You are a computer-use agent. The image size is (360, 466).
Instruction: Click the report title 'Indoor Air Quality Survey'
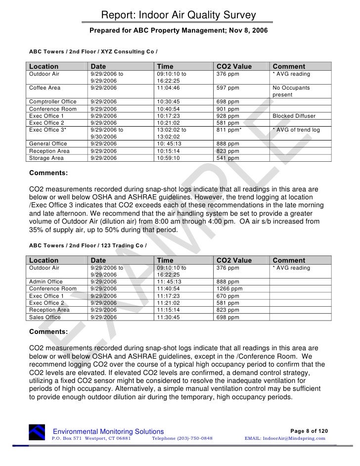pyautogui.click(x=179, y=16)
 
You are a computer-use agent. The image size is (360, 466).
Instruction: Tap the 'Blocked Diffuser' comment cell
pyautogui.click(x=294, y=116)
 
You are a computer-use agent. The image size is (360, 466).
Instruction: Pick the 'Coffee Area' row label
pyautogui.click(x=45, y=88)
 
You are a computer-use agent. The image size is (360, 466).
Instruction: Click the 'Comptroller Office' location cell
pyautogui.click(x=53, y=102)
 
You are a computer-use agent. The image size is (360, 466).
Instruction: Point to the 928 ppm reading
pyautogui.click(x=227, y=116)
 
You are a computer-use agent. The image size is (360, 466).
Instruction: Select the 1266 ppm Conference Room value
pyautogui.click(x=229, y=289)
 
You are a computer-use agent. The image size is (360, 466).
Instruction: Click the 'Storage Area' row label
pyautogui.click(x=46, y=158)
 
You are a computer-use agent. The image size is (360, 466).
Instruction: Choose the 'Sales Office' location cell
pyautogui.click(x=45, y=317)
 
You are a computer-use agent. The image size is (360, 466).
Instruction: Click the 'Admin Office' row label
pyautogui.click(x=46, y=282)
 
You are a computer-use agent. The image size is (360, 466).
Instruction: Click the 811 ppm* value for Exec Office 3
pyautogui.click(x=229, y=130)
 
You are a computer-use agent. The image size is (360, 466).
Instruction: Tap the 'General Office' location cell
pyautogui.click(x=48, y=144)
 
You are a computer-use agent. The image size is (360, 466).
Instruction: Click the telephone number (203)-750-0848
pyautogui.click(x=182, y=438)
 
